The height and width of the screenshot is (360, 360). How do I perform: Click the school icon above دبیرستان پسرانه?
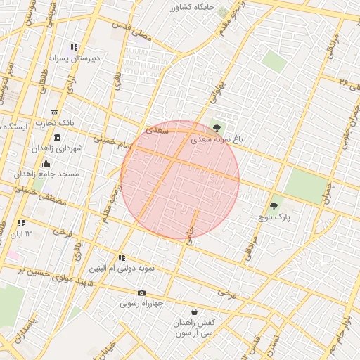click(x=74, y=47)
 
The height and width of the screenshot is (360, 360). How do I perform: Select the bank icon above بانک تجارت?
click(x=54, y=112)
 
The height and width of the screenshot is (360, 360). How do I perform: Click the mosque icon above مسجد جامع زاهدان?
click(x=46, y=164)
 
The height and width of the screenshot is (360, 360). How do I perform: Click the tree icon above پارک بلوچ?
click(x=274, y=206)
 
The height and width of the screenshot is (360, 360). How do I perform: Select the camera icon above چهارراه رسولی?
click(x=141, y=293)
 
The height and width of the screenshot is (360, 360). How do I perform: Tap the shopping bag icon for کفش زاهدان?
click(x=193, y=311)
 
